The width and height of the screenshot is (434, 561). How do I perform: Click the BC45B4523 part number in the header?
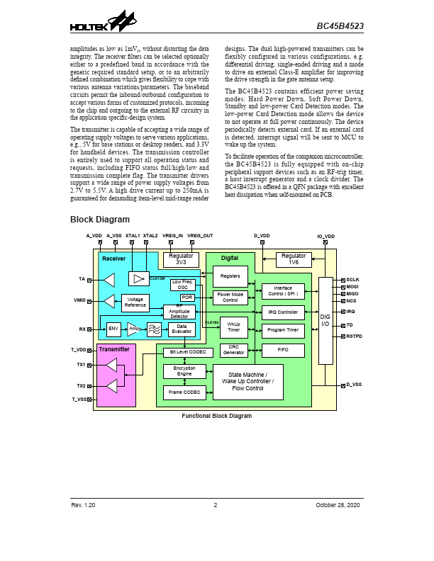click(x=340, y=26)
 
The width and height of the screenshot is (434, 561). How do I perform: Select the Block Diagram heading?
click(x=99, y=220)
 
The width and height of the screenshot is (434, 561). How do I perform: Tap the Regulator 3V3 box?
click(x=182, y=259)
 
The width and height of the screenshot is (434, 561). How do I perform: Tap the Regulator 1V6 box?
click(x=294, y=259)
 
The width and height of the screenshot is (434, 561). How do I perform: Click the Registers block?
click(x=230, y=276)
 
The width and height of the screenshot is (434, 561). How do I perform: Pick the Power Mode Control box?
click(x=230, y=297)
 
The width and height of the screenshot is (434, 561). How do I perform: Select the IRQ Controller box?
click(x=283, y=312)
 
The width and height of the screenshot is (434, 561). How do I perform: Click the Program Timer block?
click(x=283, y=330)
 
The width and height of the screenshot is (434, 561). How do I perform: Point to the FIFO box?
click(x=283, y=349)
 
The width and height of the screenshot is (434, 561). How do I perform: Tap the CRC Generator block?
click(x=234, y=349)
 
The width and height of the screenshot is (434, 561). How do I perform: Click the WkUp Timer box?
click(x=234, y=327)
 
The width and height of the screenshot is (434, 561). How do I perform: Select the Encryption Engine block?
click(x=184, y=371)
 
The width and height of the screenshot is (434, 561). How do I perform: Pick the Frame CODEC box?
click(x=184, y=392)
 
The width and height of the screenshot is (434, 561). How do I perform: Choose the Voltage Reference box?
click(x=135, y=302)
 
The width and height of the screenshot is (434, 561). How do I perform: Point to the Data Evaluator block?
click(x=181, y=329)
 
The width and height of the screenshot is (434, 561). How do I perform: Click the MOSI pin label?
click(x=352, y=288)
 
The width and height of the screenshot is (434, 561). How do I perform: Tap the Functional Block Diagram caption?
click(x=216, y=416)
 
